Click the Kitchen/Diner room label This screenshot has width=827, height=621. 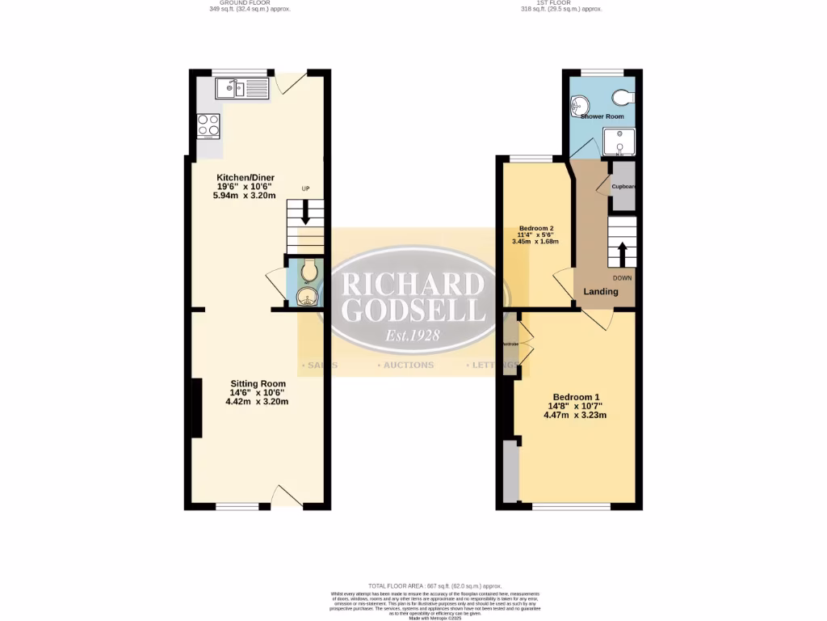tap(245, 177)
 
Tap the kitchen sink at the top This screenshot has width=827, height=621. tap(241, 88)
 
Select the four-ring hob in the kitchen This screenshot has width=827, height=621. tap(208, 125)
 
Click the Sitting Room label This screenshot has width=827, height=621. tap(258, 383)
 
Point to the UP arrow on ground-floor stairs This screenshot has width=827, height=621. tap(305, 213)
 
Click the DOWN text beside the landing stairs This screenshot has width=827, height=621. tap(622, 278)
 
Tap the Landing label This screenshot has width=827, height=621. tap(601, 292)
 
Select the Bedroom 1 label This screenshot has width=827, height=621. tap(574, 397)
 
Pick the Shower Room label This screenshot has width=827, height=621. tap(602, 116)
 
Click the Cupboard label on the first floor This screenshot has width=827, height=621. tap(623, 187)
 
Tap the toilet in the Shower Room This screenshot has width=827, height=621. tap(623, 98)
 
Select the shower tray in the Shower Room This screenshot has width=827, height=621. tap(619, 142)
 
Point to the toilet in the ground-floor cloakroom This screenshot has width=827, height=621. tap(307, 272)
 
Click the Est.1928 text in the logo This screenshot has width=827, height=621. tap(413, 334)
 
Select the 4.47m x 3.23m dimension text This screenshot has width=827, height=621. tap(574, 415)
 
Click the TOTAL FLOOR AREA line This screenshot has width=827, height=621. tap(435, 585)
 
